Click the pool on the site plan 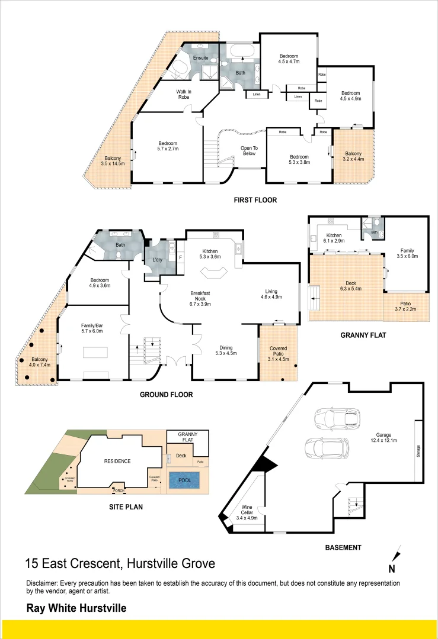184,480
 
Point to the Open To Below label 249,151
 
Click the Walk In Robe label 184,95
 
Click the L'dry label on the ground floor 158,261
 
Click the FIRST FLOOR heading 255,200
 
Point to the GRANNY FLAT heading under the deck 363,335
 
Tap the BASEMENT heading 343,548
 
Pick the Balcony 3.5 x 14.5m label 113,161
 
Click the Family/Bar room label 92,328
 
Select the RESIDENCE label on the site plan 117,461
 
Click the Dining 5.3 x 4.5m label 225,350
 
